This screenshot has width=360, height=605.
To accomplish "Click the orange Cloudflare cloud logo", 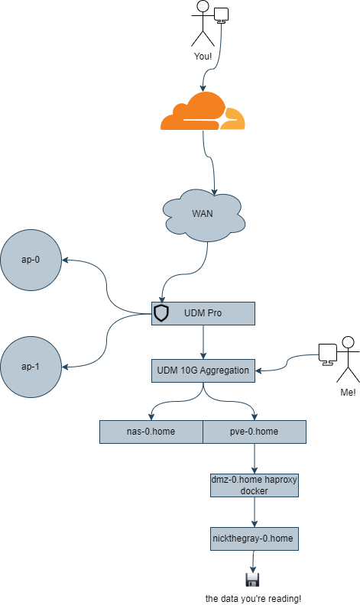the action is coord(203,111).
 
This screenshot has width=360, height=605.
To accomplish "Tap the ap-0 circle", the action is coord(31,260).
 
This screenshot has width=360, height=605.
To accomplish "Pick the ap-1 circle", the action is coord(31,367).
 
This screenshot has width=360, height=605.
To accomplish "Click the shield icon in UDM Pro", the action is coord(161,313).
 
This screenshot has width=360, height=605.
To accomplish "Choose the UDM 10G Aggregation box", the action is coord(203,370).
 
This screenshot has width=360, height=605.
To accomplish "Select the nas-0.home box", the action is coord(151,432).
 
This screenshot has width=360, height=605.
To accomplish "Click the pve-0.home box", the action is coord(255,432).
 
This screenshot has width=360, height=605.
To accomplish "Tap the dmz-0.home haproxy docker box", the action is coord(255,485).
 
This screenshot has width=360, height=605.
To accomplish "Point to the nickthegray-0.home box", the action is coord(255,539).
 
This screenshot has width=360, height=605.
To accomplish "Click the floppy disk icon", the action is coord(253,580).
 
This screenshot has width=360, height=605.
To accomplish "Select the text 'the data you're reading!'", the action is coord(253,599).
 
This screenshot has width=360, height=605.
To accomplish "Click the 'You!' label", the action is coord(203,57).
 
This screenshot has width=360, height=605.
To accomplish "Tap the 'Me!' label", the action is coord(348,393).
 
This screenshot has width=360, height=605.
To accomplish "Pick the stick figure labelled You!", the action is coord(203,24).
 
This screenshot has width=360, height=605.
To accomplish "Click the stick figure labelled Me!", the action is coord(349,360).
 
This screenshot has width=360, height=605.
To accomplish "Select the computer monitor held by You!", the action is coord(222,15).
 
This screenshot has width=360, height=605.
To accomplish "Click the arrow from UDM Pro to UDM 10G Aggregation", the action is coord(203,342).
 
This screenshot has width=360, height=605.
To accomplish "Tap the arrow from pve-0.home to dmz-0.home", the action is coord(255,459).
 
